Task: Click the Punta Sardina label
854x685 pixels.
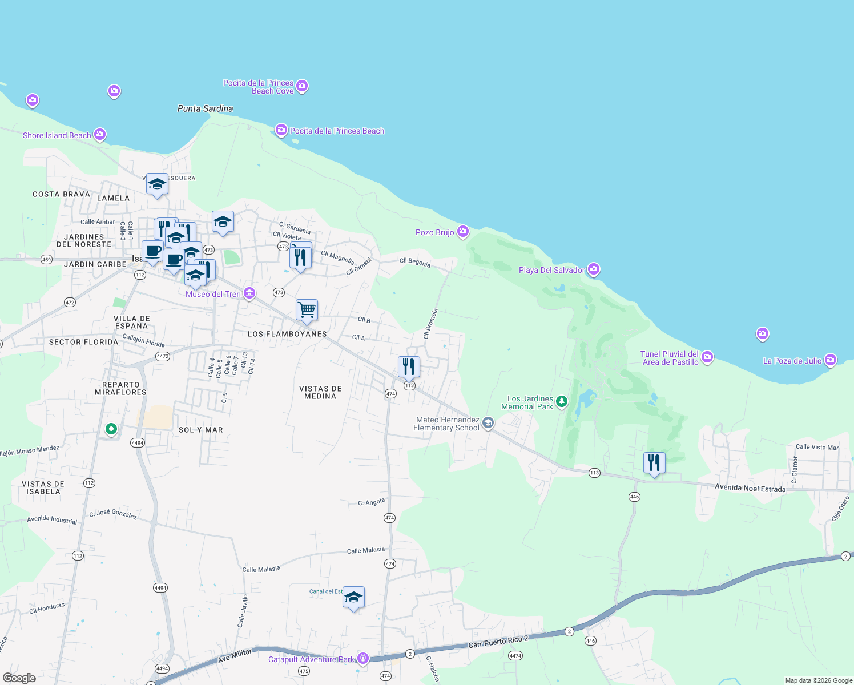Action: click(x=205, y=108)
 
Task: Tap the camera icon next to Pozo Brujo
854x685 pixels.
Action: click(x=463, y=232)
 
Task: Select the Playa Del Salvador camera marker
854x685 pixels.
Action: click(x=594, y=269)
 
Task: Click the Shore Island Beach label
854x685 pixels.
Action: click(x=57, y=135)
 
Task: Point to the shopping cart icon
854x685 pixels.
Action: click(x=307, y=311)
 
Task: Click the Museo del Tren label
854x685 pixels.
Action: click(x=213, y=294)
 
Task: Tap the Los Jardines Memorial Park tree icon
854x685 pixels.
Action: click(x=562, y=402)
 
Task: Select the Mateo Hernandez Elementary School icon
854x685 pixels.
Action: click(x=488, y=423)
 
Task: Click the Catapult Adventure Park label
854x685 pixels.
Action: click(x=311, y=659)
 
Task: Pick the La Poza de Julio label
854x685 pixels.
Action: click(x=792, y=361)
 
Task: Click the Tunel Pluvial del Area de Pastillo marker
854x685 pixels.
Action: click(x=708, y=357)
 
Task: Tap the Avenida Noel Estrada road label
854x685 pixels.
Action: click(x=750, y=488)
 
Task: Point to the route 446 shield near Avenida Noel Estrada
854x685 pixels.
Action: click(x=634, y=497)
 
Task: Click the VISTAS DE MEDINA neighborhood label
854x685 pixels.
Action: click(x=320, y=392)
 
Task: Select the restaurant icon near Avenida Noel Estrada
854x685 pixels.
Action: click(x=654, y=463)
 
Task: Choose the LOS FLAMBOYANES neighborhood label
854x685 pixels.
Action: click(x=287, y=334)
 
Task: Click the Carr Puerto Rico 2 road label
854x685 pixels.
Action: click(x=498, y=642)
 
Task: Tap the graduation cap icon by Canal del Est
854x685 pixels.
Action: click(x=353, y=598)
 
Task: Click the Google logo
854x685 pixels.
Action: click(x=19, y=678)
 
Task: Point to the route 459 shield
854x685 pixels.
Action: click(x=46, y=260)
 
